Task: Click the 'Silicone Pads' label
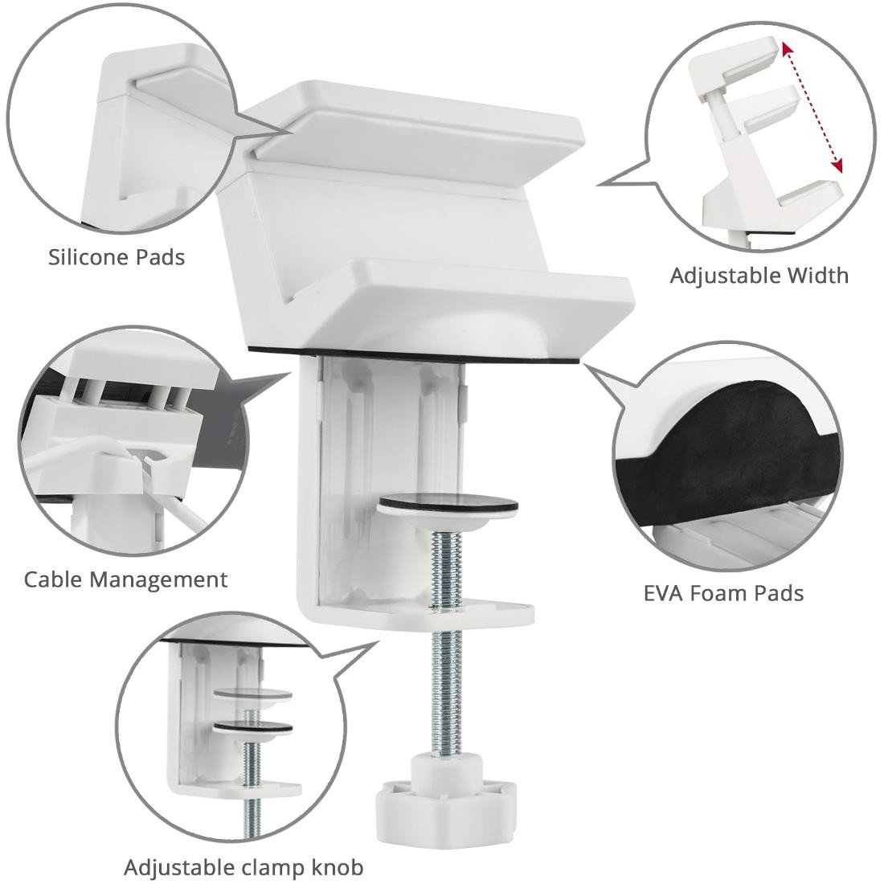[x=116, y=257]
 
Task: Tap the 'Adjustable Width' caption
[x=759, y=276]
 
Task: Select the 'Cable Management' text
[x=125, y=579]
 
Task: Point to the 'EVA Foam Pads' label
[x=723, y=593]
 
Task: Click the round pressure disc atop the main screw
[x=448, y=505]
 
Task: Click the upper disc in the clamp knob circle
[x=254, y=696]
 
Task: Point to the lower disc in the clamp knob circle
[x=254, y=727]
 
